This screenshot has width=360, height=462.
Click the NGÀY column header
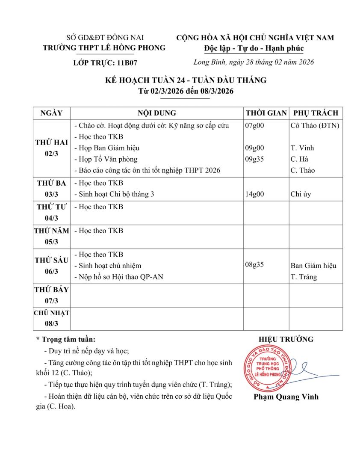51,113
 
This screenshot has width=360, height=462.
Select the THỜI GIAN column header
266,113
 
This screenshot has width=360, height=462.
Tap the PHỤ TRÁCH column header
316,113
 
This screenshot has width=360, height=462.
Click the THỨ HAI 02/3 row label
51,148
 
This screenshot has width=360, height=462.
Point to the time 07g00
254,125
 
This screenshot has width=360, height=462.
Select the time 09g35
254,159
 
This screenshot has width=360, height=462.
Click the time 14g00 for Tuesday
254,194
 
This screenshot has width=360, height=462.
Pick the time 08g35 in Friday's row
254,264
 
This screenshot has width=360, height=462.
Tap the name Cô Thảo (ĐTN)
315,125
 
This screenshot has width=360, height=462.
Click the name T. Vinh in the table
302,148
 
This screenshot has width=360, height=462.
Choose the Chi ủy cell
301,194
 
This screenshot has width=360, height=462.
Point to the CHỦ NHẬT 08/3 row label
51,318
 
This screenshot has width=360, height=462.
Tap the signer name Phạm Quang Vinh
286,397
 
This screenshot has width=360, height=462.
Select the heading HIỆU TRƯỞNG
286,339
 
